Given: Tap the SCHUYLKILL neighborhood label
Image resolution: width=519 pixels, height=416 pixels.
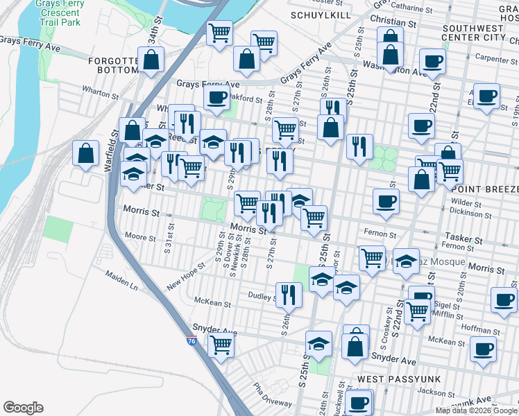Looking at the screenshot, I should pos(321,15).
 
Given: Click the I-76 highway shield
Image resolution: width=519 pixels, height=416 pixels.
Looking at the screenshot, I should pos(192,341).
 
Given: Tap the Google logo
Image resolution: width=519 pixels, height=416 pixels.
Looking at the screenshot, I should pos(23,408).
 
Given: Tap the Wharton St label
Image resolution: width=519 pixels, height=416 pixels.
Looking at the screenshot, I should pos(100,92).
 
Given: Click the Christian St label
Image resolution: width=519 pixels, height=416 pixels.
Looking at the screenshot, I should pos(393,23).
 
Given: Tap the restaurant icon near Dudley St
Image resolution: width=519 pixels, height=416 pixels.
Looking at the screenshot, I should pos(288,294).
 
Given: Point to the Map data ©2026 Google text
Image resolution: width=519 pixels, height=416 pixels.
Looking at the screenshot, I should pos(476,410).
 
